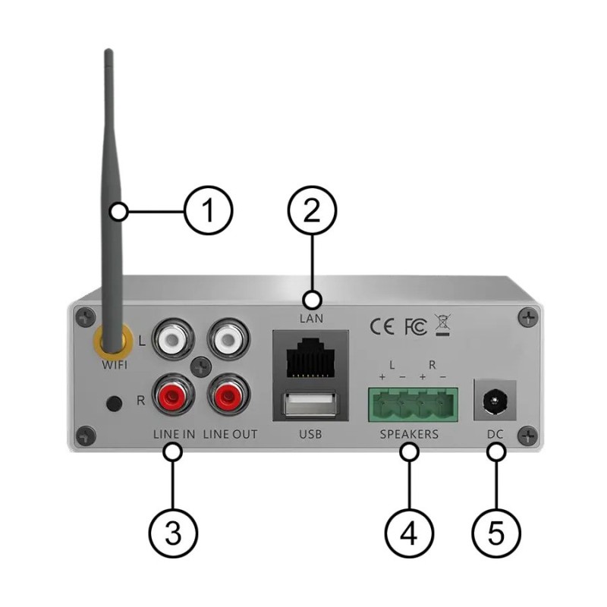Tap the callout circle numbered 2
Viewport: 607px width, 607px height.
(x=311, y=212)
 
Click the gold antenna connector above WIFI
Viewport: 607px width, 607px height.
(x=111, y=342)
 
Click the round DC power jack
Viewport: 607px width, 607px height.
(x=495, y=400)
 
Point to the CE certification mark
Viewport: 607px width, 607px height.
(x=382, y=326)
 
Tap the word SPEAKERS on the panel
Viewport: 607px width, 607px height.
(x=409, y=435)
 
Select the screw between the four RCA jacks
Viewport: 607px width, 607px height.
(x=201, y=366)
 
